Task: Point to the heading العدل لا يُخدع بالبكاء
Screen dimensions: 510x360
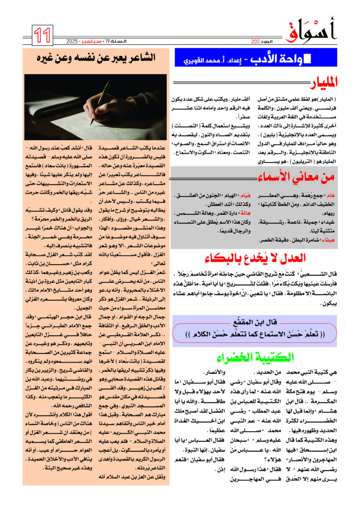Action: [x=258, y=257]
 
